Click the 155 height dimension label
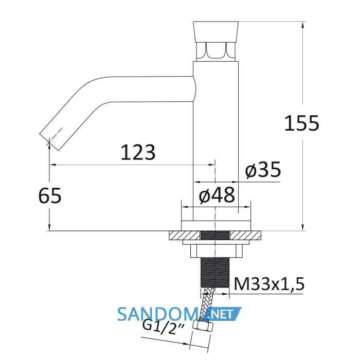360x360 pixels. point(302,123)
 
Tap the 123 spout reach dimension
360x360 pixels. point(138,152)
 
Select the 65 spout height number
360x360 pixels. point(50,195)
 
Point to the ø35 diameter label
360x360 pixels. point(263,169)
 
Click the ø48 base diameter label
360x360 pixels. point(217,195)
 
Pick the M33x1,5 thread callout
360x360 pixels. point(269,284)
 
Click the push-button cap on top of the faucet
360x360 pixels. point(216,32)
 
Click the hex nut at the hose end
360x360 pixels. point(203,326)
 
